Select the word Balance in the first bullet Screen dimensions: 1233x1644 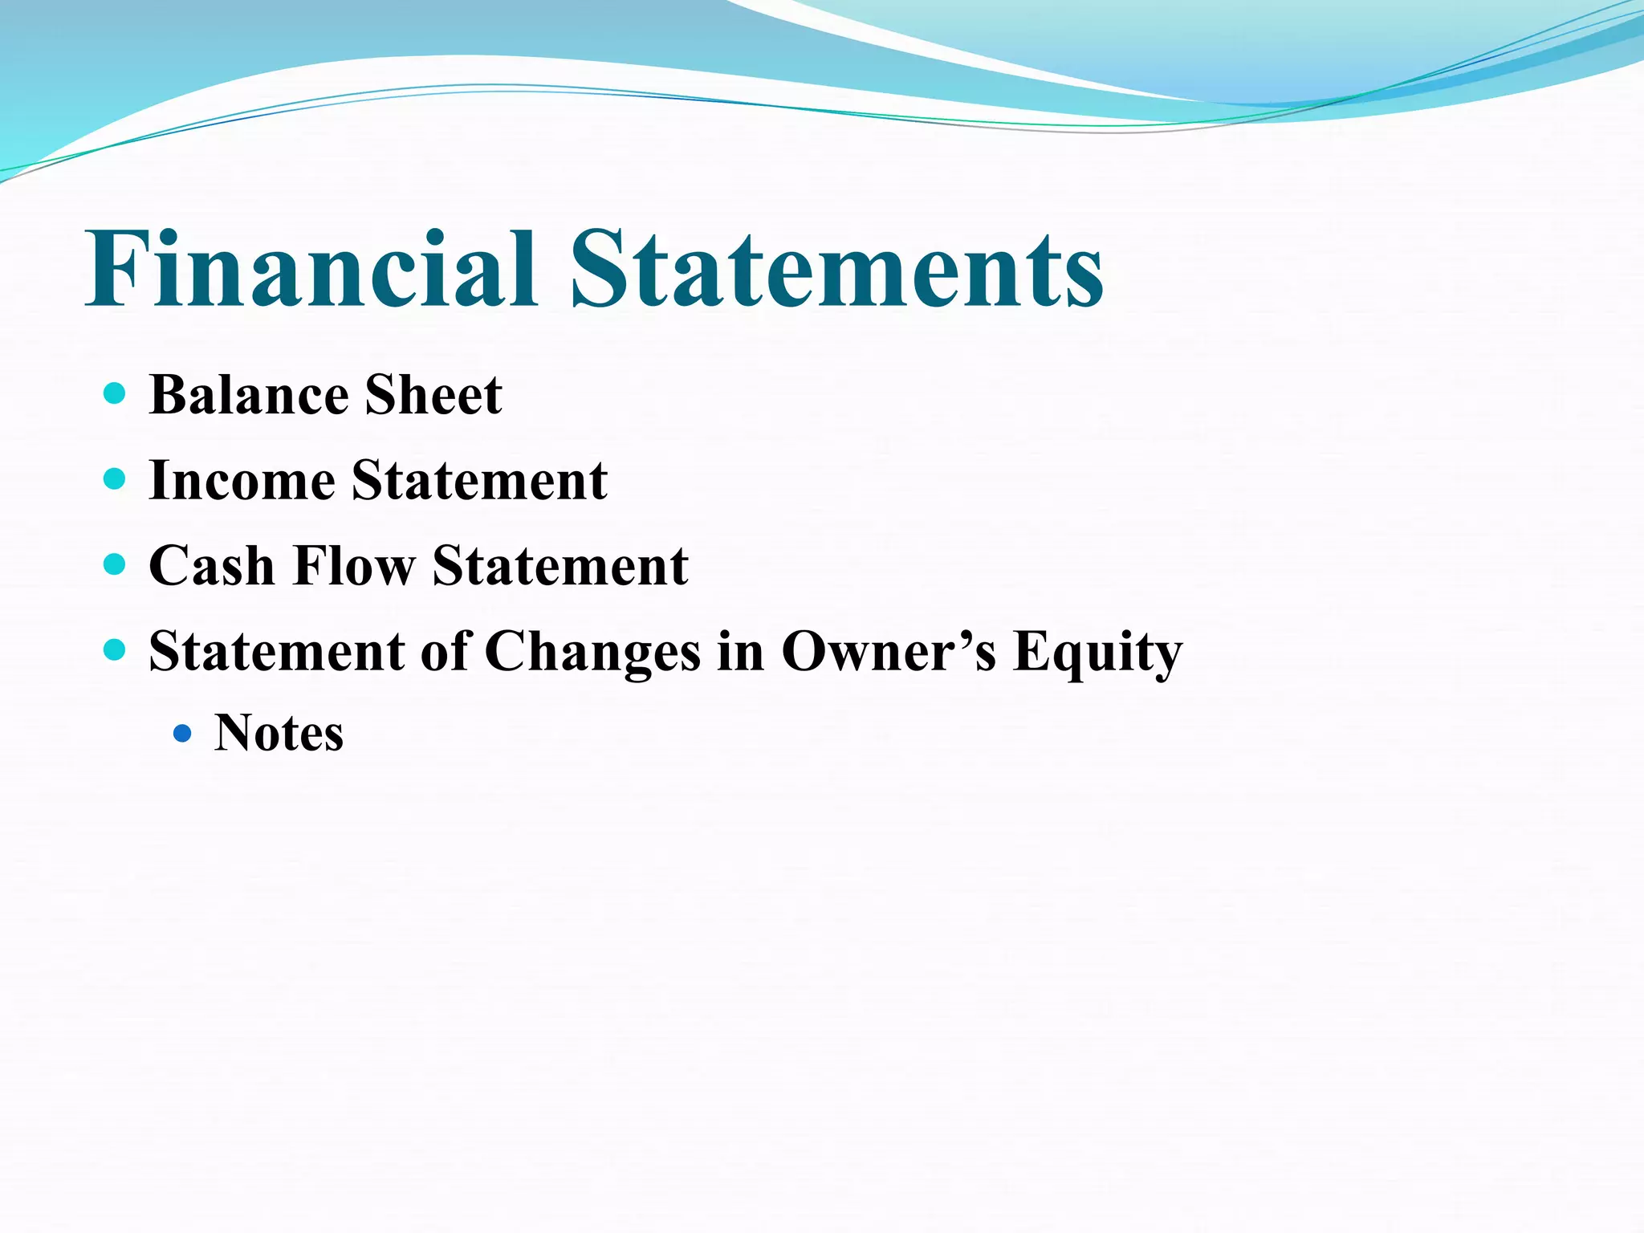pyautogui.click(x=249, y=395)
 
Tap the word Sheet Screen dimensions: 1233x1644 pyautogui.click(x=433, y=395)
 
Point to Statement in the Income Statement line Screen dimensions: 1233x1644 pyautogui.click(x=479, y=480)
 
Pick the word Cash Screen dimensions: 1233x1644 pyautogui.click(x=212, y=566)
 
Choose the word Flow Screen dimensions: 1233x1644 pyautogui.click(x=354, y=566)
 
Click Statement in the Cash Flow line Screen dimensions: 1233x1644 pyautogui.click(x=560, y=566)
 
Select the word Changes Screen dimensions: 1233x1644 pyautogui.click(x=592, y=651)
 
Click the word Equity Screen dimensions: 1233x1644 pyautogui.click(x=1097, y=653)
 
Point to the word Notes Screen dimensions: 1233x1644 pyautogui.click(x=279, y=733)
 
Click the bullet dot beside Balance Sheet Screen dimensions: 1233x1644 pyautogui.click(x=116, y=393)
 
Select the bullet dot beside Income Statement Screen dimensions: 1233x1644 pyautogui.click(x=116, y=479)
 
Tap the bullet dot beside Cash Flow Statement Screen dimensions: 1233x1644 pyautogui.click(x=116, y=564)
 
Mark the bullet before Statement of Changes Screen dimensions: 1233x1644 pyautogui.click(x=116, y=649)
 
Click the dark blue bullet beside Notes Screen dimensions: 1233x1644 pyautogui.click(x=183, y=733)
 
